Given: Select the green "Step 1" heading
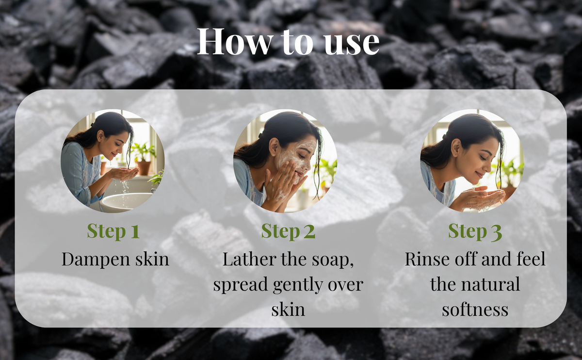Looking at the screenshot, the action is pyautogui.click(x=113, y=231).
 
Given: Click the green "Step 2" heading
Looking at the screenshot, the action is pyautogui.click(x=288, y=231).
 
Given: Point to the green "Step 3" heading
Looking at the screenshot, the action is pyautogui.click(x=475, y=231).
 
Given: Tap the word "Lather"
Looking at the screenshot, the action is pyautogui.click(x=249, y=259).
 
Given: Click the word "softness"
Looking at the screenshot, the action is pyautogui.click(x=475, y=309).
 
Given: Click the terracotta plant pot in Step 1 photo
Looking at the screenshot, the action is pyautogui.click(x=144, y=168).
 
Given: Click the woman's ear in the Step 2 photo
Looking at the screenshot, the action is pyautogui.click(x=274, y=147).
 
